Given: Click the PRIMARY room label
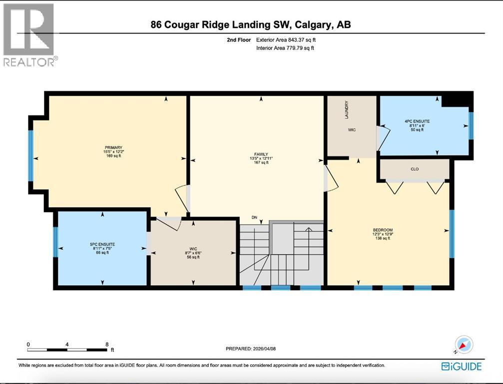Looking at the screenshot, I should tap(114, 147).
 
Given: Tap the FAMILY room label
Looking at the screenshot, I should tap(261, 154).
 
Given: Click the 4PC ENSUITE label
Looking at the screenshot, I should tap(417, 121).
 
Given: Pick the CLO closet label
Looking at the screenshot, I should tap(415, 169).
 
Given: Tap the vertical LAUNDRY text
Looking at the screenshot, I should tap(346, 110).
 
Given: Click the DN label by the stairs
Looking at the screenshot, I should tap(254, 217).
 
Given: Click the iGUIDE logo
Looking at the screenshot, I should tap(462, 366).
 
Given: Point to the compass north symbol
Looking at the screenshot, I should tap(465, 345).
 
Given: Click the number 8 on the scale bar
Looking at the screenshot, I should tap(107, 344).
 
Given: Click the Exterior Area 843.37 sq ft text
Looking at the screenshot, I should tap(285, 39).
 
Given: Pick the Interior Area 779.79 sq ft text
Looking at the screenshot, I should tap(285, 48).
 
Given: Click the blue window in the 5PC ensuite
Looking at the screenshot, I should tap(55, 242).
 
